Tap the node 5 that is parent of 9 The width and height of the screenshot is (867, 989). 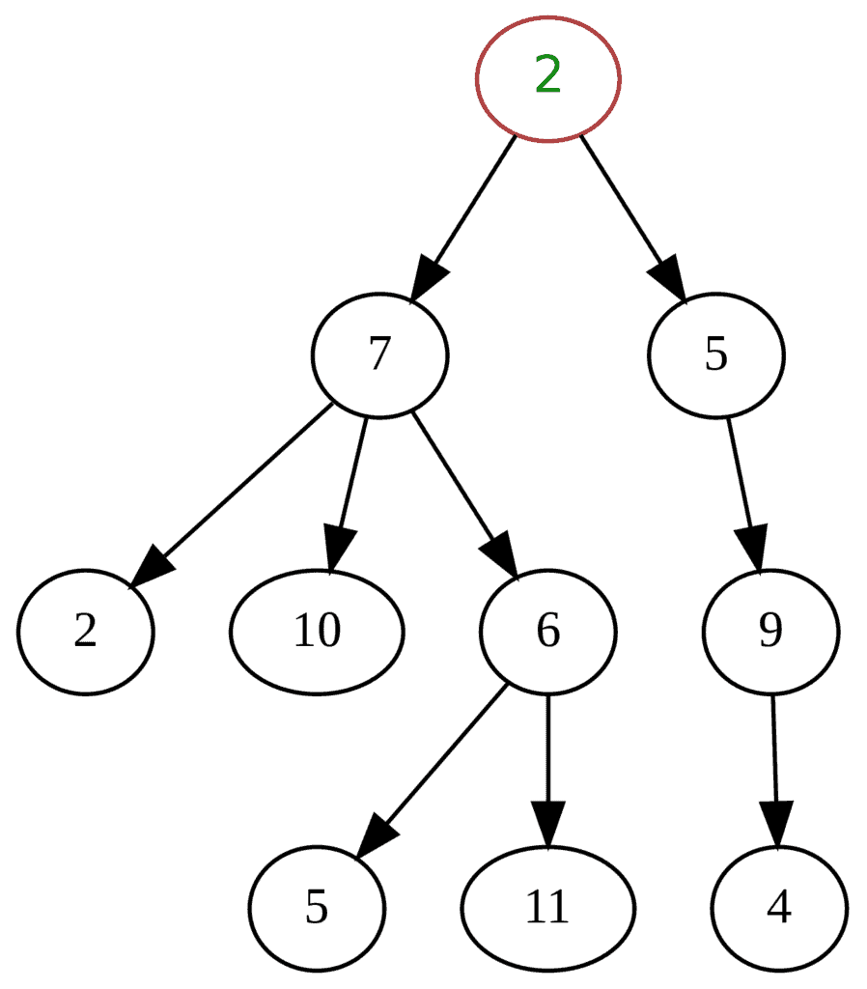coord(714,355)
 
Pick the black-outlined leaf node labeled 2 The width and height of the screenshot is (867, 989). coord(85,632)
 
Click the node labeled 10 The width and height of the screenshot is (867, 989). coord(317,632)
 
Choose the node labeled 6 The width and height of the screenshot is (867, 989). coord(547,632)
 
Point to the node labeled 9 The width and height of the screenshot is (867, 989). coord(769,632)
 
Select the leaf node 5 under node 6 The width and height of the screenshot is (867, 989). coord(317,908)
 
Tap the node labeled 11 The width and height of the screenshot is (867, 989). coord(547,908)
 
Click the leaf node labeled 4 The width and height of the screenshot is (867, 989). coord(778,908)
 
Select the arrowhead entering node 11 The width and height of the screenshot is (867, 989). coord(547,826)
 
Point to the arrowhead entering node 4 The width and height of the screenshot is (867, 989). coord(776,826)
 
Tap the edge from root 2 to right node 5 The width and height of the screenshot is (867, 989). coord(623,203)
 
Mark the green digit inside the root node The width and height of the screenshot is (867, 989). coord(547,75)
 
